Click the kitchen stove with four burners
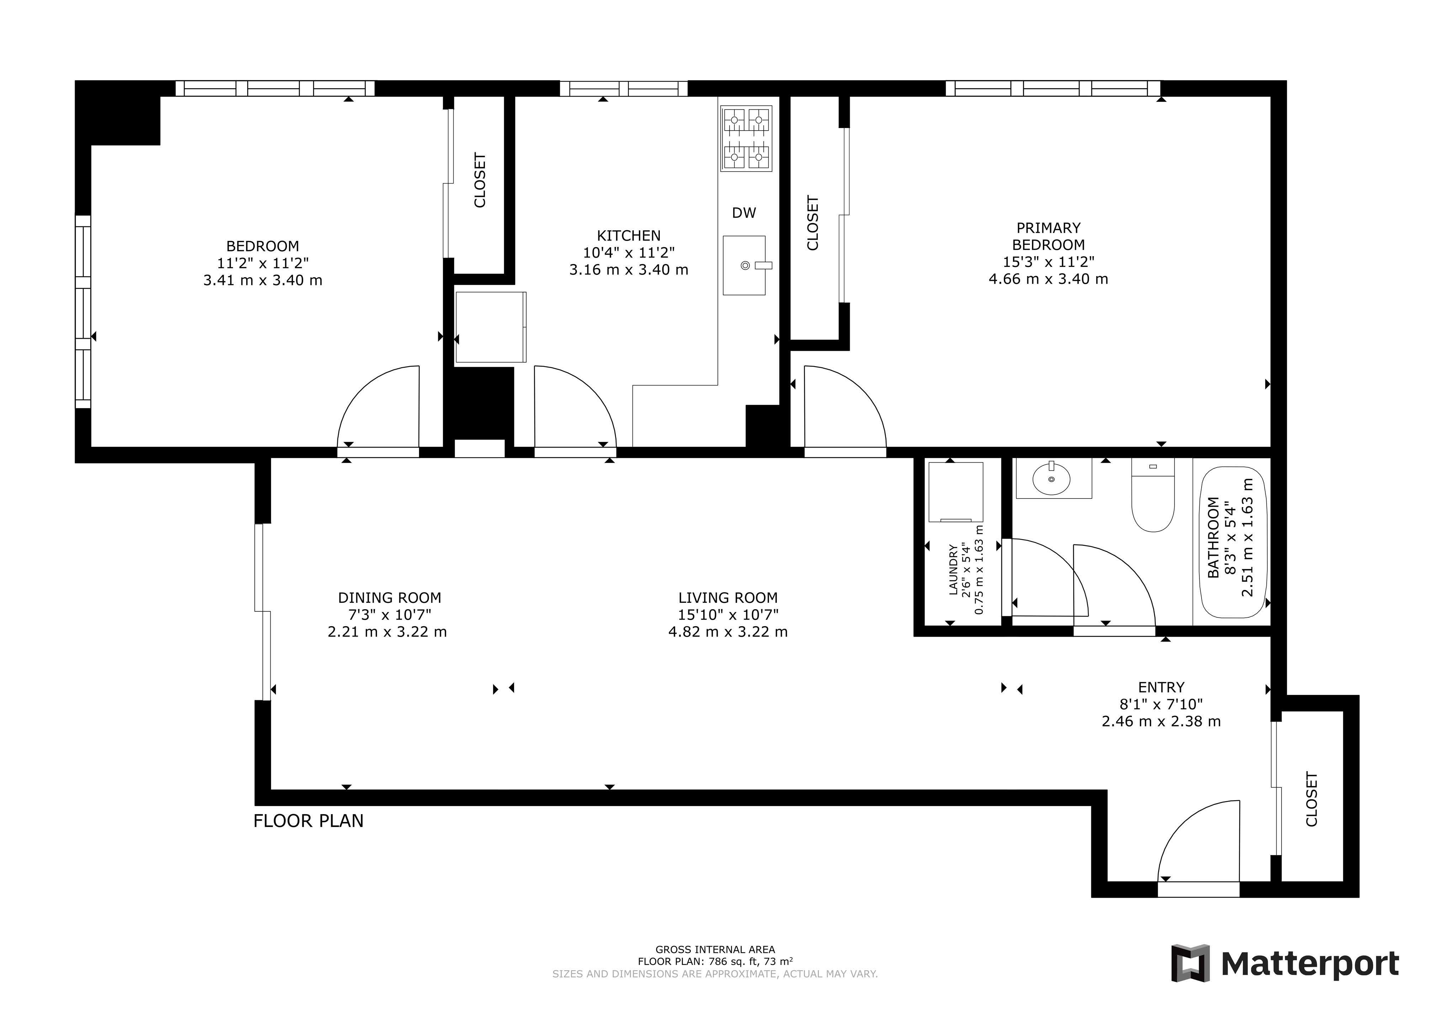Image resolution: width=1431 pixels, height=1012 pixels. pos(746,138)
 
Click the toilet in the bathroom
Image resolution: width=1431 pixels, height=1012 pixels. pos(1153,495)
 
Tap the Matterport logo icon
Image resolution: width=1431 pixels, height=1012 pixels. pos(1191,963)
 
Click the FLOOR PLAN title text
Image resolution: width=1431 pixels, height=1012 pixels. pos(308,821)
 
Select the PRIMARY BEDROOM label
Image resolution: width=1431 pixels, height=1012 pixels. pos(1048,236)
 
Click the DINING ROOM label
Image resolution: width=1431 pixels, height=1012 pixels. pos(389,597)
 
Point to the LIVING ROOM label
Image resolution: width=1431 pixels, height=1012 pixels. pos(728,597)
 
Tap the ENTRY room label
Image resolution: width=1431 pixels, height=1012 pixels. pos(1161,687)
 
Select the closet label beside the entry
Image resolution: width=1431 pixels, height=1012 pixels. pos(1312,799)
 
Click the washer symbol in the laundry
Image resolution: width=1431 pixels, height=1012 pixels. pos(955,491)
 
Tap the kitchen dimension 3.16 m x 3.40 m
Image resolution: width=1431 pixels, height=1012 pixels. pos(629,270)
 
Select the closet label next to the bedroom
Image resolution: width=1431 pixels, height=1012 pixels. pos(480,180)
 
